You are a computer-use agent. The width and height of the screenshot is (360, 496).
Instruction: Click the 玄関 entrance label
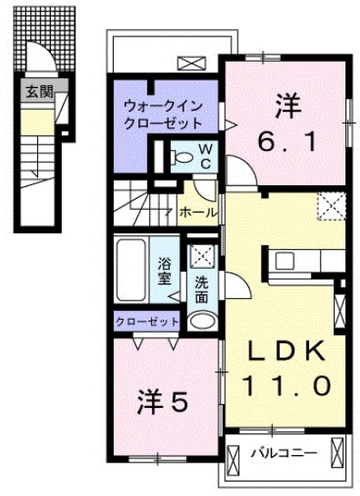tap(38, 91)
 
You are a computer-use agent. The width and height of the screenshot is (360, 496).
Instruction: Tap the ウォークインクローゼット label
tap(158, 114)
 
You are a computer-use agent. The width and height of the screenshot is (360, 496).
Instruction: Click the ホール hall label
tap(198, 212)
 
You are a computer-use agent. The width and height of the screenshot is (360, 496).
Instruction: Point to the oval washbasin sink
tap(202, 321)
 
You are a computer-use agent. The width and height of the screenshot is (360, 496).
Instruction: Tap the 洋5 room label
tap(163, 401)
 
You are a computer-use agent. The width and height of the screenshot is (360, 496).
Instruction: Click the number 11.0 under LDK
tap(285, 384)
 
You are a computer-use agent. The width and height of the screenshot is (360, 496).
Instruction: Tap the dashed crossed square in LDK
tap(331, 206)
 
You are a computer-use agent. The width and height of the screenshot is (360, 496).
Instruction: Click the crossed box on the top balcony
tap(192, 64)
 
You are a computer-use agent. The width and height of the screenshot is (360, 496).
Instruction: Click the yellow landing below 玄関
tap(38, 121)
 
